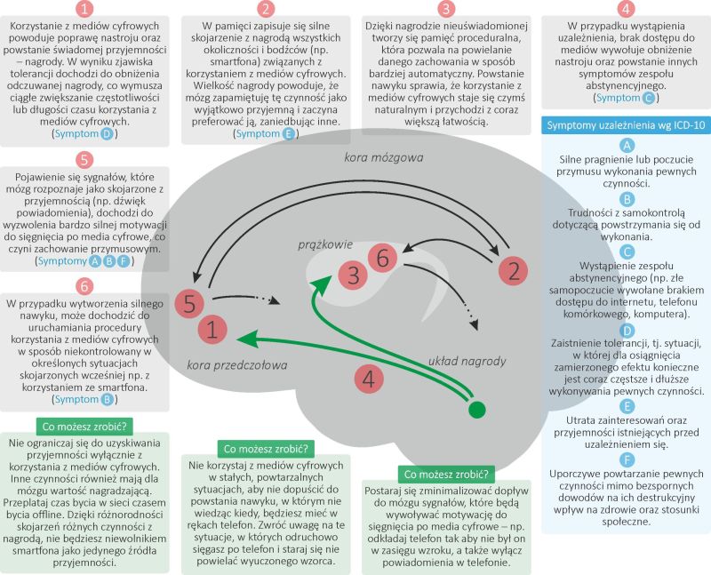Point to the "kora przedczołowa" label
(231, 363)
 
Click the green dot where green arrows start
(478, 409)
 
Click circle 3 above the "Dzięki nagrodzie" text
(445, 11)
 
